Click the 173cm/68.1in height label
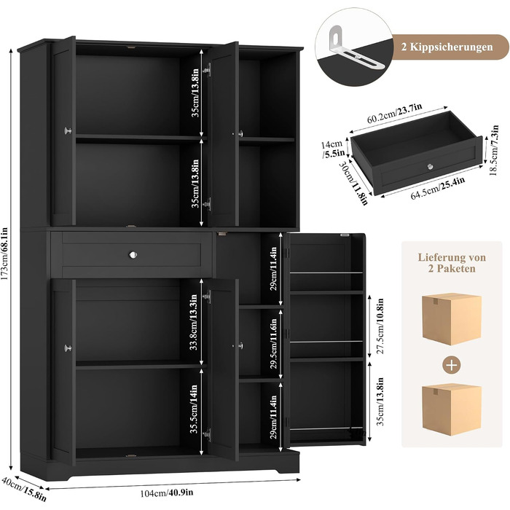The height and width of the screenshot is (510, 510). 4,256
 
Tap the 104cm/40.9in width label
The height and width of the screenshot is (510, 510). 167,493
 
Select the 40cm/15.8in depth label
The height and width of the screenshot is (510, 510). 23,489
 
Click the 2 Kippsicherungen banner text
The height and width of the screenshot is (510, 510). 447,47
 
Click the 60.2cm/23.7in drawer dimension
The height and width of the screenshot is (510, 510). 395,113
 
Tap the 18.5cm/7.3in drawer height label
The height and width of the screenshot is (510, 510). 494,150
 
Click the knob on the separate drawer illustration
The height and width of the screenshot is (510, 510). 431,167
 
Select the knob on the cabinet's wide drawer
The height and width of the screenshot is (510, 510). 133,255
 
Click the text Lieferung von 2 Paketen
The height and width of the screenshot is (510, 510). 452,263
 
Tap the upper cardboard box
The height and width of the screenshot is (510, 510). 452,318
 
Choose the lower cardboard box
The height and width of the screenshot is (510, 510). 452,409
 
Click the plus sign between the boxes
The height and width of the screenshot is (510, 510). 452,364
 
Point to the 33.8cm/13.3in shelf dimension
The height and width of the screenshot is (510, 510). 194,322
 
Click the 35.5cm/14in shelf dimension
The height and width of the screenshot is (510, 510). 194,409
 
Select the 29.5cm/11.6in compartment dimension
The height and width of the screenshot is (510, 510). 274,343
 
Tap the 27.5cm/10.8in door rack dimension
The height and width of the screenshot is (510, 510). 380,326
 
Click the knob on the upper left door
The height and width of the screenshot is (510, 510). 68,130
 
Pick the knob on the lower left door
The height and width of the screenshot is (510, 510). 68,348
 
